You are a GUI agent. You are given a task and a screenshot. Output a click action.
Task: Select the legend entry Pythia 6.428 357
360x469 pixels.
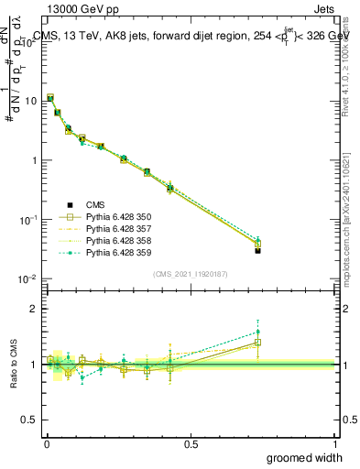click(118, 228)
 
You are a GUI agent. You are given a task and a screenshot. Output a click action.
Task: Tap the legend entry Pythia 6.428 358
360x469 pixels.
click(118, 240)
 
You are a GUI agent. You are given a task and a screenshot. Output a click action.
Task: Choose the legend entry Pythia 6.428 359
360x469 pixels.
click(118, 252)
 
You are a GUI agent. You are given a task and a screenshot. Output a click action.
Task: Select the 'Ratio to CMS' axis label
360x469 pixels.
click(13, 365)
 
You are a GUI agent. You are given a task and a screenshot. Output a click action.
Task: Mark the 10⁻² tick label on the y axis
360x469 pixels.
click(27, 279)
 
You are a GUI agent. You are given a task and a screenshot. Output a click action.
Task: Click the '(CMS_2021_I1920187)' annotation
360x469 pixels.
click(190, 274)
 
